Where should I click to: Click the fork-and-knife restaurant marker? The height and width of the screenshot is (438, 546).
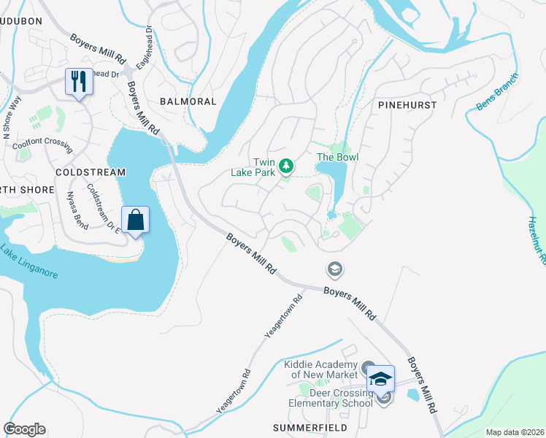[79, 81]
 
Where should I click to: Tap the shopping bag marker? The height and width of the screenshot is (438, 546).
[136, 220]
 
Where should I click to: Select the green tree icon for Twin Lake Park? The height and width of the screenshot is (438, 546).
[287, 166]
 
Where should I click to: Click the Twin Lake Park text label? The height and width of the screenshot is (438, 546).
[263, 166]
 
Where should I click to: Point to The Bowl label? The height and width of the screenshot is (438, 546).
[337, 157]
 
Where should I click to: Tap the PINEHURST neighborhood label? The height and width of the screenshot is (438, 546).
[407, 105]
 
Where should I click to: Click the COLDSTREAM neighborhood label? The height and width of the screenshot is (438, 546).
[91, 172]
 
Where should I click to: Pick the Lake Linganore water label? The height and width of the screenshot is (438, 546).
[28, 261]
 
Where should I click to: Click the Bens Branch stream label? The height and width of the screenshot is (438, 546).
[497, 91]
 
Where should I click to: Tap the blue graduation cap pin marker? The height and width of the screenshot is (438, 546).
[380, 378]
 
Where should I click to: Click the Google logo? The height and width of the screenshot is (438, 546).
[24, 429]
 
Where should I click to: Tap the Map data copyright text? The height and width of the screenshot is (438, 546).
[515, 432]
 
